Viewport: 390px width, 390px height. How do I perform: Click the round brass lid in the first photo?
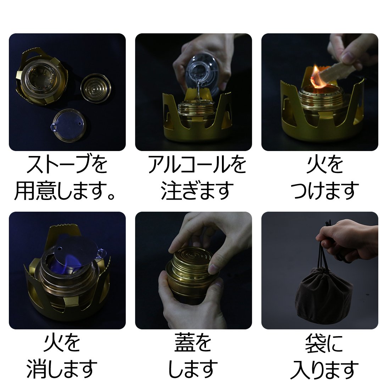pyautogui.click(x=96, y=88)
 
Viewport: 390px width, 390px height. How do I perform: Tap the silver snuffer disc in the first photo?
pyautogui.click(x=69, y=126)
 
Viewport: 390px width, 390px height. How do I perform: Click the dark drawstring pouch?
pyautogui.click(x=324, y=295)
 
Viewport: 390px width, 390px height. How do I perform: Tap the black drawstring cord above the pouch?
pyautogui.click(x=324, y=251)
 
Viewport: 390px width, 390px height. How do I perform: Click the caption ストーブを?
pyautogui.click(x=67, y=165)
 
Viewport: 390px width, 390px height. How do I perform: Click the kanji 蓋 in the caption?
pyautogui.click(x=184, y=343)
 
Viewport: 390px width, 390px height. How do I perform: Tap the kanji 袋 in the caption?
pyautogui.click(x=315, y=343)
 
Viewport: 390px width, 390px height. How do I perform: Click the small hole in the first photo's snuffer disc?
pyautogui.click(x=79, y=124)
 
